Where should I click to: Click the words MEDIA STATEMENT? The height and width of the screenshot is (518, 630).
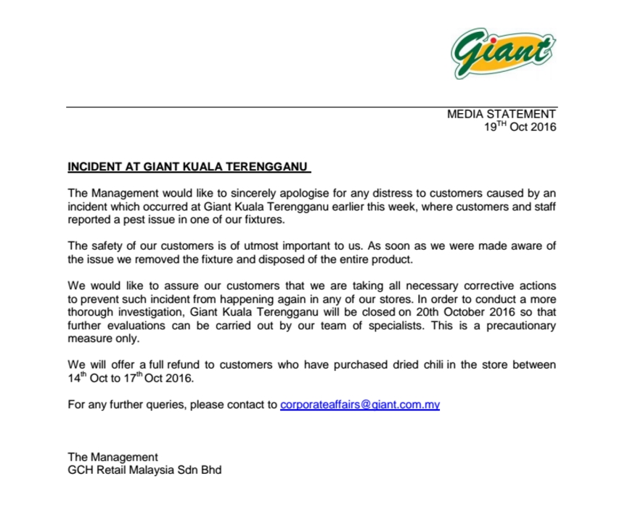click(502, 114)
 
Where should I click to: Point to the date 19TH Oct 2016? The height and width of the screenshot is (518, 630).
click(520, 127)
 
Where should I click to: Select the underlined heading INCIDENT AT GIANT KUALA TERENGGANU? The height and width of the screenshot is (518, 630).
click(188, 167)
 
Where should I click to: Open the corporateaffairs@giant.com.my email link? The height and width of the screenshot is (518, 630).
click(359, 405)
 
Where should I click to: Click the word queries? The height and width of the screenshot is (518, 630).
click(160, 405)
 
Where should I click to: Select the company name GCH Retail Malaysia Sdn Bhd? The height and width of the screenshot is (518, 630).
click(144, 470)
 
